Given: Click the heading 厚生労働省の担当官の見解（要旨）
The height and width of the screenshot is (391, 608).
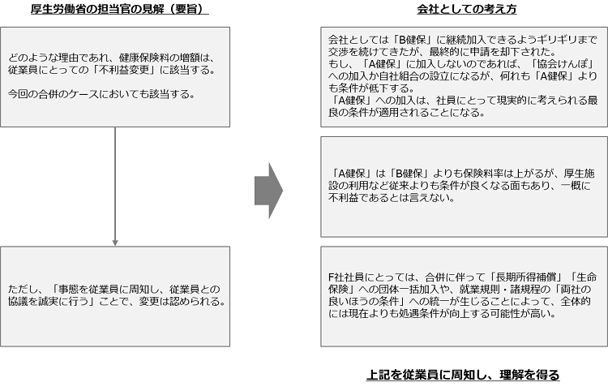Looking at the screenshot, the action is point(119,9).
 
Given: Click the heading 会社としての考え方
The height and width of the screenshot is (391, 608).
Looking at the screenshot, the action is point(466,9).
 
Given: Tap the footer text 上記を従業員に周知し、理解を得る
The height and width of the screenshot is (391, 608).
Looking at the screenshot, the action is point(463,375).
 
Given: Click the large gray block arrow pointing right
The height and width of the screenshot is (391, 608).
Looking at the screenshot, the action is point(268,191).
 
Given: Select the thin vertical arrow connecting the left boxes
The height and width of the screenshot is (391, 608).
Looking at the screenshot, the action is point(115,187).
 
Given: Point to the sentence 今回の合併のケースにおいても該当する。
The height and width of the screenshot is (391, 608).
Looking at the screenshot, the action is point(101,94).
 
